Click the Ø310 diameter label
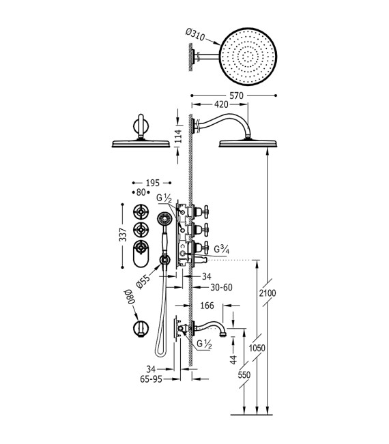(198, 34)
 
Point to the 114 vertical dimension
(177, 136)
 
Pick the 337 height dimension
(122, 236)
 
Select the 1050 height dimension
(257, 349)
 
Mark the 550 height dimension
(244, 376)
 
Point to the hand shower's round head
(164, 220)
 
